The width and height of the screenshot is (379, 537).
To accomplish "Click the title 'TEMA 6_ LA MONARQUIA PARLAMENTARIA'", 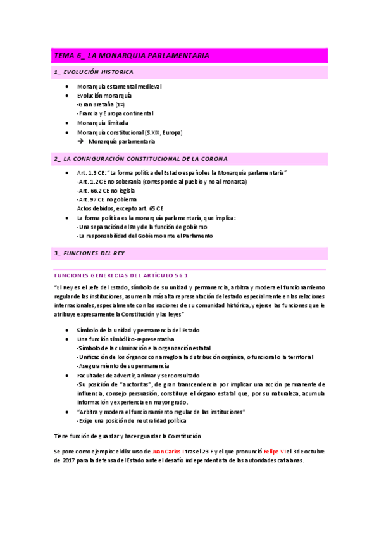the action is (131, 56).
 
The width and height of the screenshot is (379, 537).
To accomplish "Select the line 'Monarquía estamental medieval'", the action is (120, 86).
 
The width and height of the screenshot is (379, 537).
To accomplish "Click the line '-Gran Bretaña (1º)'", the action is (101, 104).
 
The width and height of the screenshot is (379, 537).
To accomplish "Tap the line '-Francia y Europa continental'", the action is (115, 113).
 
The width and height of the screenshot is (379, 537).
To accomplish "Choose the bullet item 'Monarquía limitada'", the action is (103, 123).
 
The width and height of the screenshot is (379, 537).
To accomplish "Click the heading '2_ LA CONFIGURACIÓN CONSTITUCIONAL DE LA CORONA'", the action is (141, 158).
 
